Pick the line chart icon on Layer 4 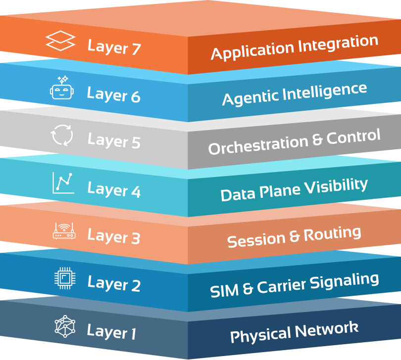(63, 183)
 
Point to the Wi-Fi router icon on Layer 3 (64, 231)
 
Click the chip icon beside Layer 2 (64, 278)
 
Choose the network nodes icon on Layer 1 (65, 326)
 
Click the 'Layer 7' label (114, 47)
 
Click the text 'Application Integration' (294, 48)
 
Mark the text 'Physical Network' (294, 332)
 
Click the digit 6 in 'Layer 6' (135, 95)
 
